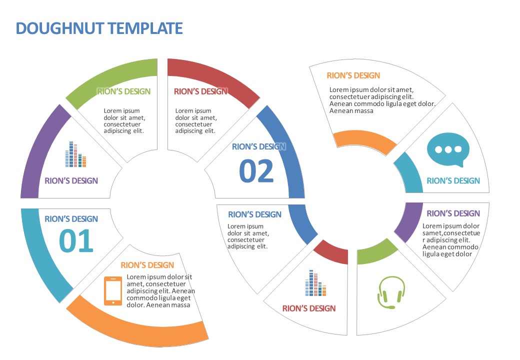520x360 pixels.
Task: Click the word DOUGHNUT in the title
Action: click(60, 28)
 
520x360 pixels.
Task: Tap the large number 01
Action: click(76, 241)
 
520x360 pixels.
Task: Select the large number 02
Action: click(256, 171)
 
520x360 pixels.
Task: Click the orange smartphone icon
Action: click(113, 290)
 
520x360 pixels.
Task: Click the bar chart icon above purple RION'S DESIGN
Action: click(75, 154)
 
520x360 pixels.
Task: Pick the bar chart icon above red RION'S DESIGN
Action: click(315, 283)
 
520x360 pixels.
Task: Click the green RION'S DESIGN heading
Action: click(123, 91)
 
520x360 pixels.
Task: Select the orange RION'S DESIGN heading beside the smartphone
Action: click(147, 265)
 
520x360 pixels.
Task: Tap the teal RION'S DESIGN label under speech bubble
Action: click(453, 181)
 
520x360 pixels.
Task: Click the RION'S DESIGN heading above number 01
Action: click(71, 219)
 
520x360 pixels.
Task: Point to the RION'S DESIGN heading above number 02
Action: click(258, 147)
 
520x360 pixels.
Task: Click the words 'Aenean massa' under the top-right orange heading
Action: click(351, 111)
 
